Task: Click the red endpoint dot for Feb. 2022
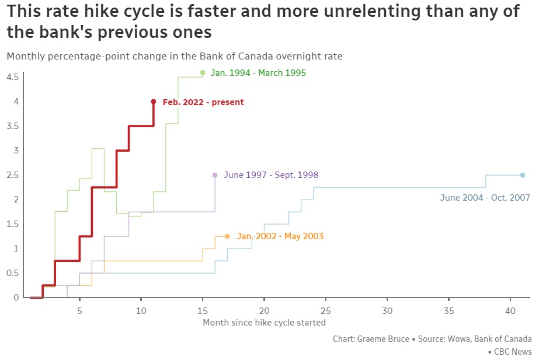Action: [154, 102]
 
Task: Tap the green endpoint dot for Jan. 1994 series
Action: [203, 73]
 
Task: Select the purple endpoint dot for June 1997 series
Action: [215, 175]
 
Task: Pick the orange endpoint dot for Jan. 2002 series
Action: [227, 236]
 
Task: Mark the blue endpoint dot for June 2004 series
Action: [523, 175]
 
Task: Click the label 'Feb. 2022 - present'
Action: [203, 102]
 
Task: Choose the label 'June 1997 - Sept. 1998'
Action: [271, 175]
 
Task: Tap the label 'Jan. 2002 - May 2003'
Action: [280, 236]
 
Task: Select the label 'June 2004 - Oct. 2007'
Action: [485, 198]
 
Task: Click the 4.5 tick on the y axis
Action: [13, 77]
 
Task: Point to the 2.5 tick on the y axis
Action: [13, 175]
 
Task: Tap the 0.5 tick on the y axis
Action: [13, 273]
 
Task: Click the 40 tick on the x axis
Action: [510, 310]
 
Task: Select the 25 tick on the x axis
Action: [325, 310]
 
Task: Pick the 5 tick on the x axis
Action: [79, 310]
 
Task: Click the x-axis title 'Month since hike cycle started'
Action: [264, 322]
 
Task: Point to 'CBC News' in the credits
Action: [513, 352]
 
